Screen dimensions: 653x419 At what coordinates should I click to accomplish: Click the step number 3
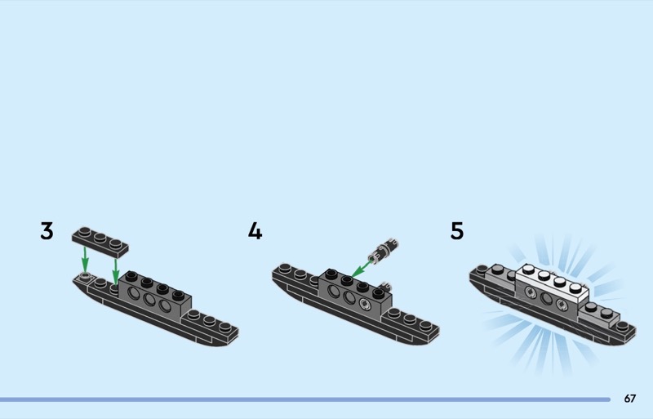click(47, 231)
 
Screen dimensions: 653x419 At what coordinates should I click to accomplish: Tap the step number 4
click(255, 231)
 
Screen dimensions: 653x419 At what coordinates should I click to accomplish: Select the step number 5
click(457, 231)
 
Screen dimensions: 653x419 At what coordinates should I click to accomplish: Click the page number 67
click(629, 399)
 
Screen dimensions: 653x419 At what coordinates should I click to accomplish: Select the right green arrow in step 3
click(116, 269)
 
